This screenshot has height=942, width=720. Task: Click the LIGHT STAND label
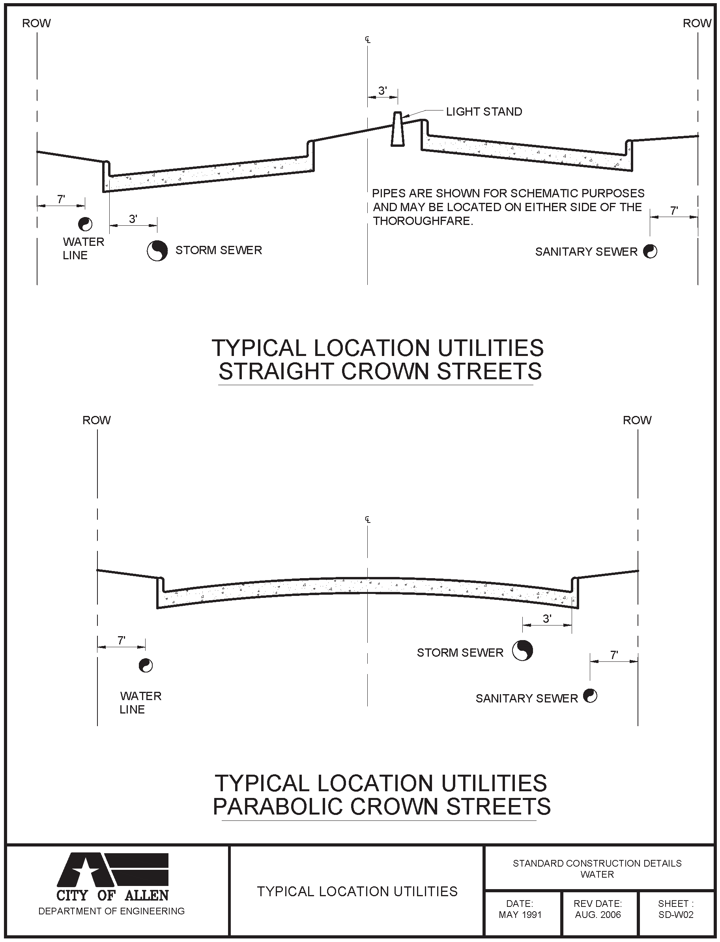coord(484,112)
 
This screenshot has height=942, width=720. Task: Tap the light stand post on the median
coord(397,129)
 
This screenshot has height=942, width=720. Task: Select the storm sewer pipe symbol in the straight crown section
coord(157,251)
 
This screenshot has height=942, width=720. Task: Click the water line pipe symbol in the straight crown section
coord(85,224)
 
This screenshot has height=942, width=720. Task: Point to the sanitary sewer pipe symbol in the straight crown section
coord(650,251)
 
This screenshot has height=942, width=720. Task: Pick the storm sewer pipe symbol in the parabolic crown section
coord(522,651)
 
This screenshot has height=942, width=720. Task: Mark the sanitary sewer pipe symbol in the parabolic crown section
coord(590,696)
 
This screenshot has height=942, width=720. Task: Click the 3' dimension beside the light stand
coord(382,91)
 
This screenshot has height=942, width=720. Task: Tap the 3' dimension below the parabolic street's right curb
coord(547,618)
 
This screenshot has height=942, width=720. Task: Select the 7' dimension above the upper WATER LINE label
coord(61,199)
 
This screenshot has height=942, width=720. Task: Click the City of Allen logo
coord(113,876)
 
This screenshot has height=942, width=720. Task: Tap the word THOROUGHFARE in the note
coord(423,221)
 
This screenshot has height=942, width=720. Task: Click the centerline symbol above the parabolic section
coord(368,519)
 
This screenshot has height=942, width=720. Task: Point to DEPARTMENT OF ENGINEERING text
coord(111,911)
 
